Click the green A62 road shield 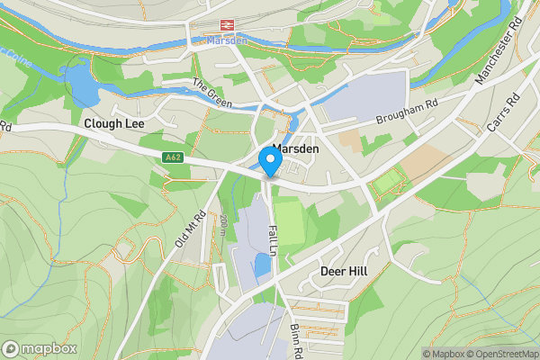coord(174,157)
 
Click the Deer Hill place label coord(345,271)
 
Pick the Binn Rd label coord(295,337)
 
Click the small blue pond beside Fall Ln coord(262,265)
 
